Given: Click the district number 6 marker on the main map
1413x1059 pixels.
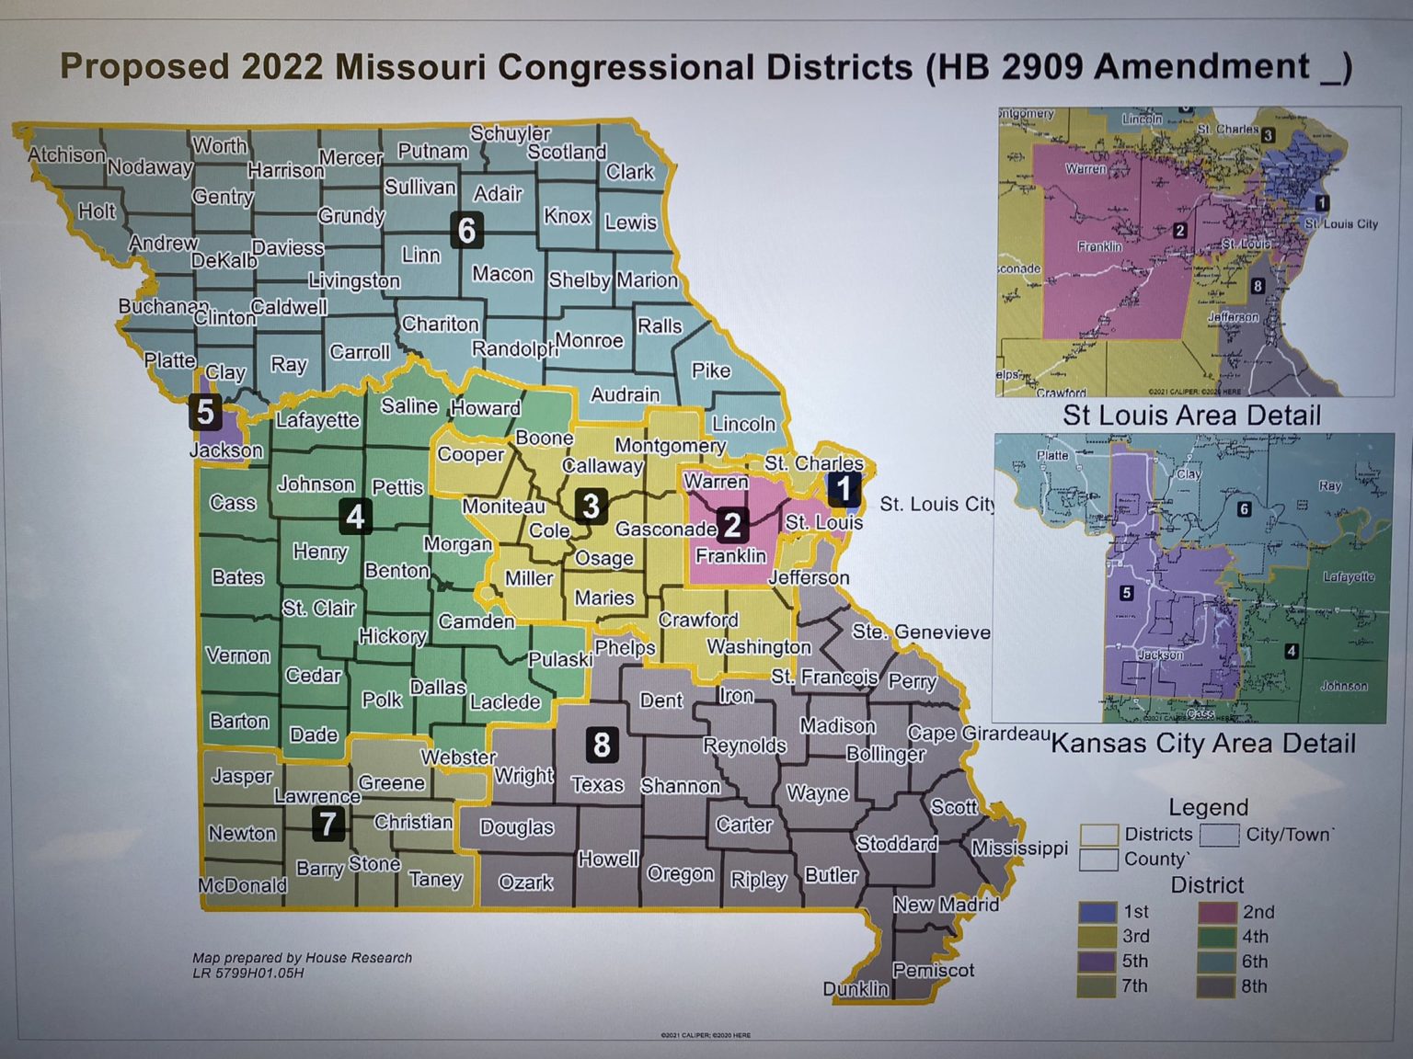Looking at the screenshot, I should point(466,230).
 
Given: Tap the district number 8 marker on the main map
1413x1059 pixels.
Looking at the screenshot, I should point(602,744).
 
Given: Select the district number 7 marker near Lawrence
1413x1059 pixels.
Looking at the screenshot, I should point(328,823).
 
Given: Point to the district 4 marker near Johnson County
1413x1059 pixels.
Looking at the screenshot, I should point(355,517).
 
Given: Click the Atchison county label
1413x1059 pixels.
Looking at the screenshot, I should point(66,154).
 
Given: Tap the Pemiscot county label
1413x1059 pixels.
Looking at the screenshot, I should point(933,970).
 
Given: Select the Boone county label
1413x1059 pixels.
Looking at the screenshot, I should point(544,438).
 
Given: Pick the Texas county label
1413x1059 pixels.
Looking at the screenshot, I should point(597,785).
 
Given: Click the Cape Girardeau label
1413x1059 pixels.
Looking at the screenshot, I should point(978,734).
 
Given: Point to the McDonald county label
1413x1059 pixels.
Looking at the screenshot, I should point(242,885).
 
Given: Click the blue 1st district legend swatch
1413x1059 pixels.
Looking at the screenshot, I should point(1097,912).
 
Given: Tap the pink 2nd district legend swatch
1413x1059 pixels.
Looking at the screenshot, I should point(1216,912).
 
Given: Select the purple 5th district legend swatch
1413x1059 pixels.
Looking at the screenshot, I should point(1097,962).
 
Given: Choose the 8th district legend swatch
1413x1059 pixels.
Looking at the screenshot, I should point(1216,986).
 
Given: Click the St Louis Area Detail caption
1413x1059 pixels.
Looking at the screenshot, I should point(1191,416).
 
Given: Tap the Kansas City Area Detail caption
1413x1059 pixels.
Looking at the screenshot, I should point(1203,743).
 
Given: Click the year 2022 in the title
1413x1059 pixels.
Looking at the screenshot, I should point(282,67).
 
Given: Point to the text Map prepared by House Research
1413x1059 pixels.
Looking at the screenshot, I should point(302,958).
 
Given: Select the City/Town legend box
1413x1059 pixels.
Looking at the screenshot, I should point(1219,835).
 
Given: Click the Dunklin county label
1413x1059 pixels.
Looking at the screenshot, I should point(856,989).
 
